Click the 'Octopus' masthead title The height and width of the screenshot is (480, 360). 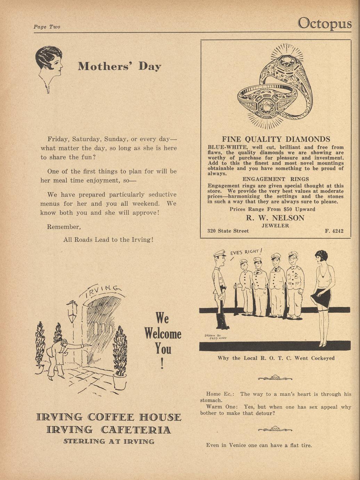pos(325,23)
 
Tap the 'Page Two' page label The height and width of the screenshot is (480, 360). pos(47,27)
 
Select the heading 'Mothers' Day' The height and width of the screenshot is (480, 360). pos(119,66)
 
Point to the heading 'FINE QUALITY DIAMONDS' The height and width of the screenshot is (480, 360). pos(276,139)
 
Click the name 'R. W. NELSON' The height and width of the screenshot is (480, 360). pos(275,218)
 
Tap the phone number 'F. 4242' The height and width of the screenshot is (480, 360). pos(334,231)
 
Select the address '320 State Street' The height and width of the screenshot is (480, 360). pos(228,231)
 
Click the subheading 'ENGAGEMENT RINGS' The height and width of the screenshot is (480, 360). pos(276,179)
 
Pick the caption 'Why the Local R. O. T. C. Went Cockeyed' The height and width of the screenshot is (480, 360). pos(276,358)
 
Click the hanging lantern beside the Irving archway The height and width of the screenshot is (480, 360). pos(72,311)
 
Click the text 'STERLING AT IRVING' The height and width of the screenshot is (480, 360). pos(109,442)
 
